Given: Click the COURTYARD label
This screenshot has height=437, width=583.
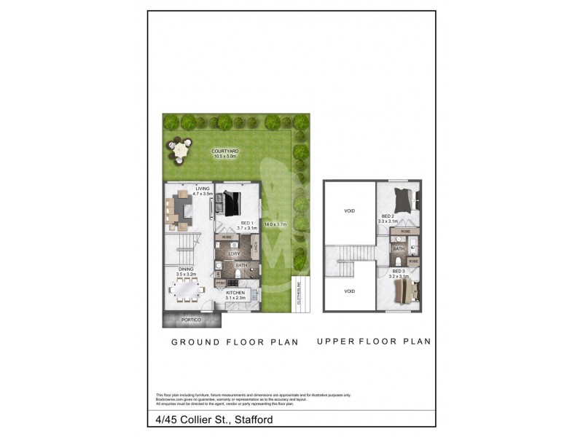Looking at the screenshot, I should pos(226,151).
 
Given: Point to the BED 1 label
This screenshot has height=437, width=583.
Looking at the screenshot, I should pos(246,223).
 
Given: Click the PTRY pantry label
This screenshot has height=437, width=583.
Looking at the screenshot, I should pos(220,283).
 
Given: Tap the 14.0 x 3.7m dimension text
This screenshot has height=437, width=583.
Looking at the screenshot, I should pos(277,224).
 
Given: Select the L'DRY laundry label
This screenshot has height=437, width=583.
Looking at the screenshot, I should pos(234,253).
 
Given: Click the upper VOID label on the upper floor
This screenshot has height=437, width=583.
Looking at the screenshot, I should pos(349,210).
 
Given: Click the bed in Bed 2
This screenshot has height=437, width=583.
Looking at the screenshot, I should pos(402,197).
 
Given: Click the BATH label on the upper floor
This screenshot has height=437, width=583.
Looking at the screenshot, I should pos(399,248).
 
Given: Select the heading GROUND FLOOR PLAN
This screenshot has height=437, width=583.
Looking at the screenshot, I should pos(235,342).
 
